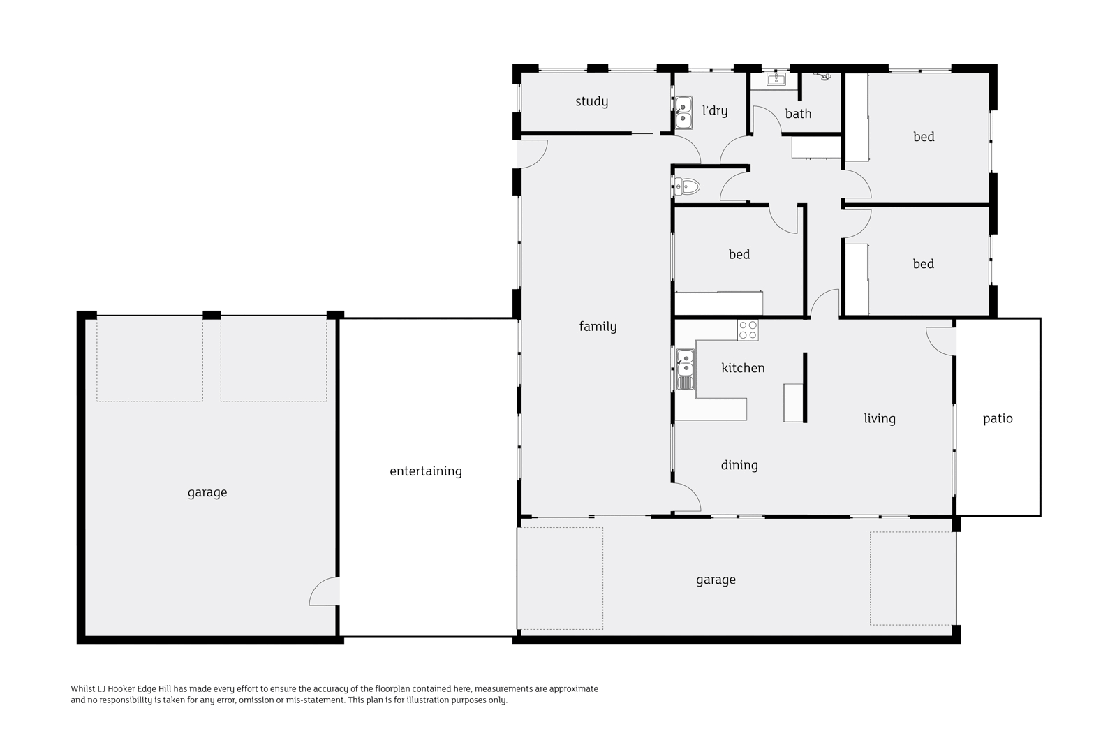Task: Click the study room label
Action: click(591, 102)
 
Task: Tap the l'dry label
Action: click(714, 111)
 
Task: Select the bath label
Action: click(798, 114)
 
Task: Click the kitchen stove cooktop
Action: click(748, 330)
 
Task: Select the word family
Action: click(598, 327)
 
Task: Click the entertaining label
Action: click(425, 471)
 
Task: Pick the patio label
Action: click(997, 419)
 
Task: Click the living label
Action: click(879, 419)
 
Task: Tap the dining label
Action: click(739, 465)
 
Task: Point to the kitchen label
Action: click(743, 368)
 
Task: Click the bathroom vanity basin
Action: click(776, 80)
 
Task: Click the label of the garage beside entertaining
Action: click(207, 493)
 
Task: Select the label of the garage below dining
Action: click(716, 580)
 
